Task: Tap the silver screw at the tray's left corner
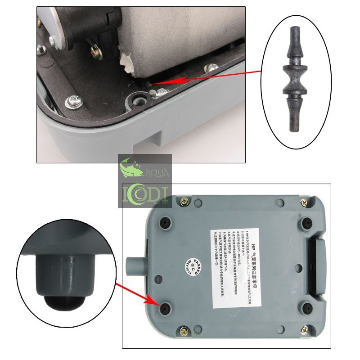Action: [72, 102]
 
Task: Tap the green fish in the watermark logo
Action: [130, 168]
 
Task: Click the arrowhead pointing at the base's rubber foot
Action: [154, 303]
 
